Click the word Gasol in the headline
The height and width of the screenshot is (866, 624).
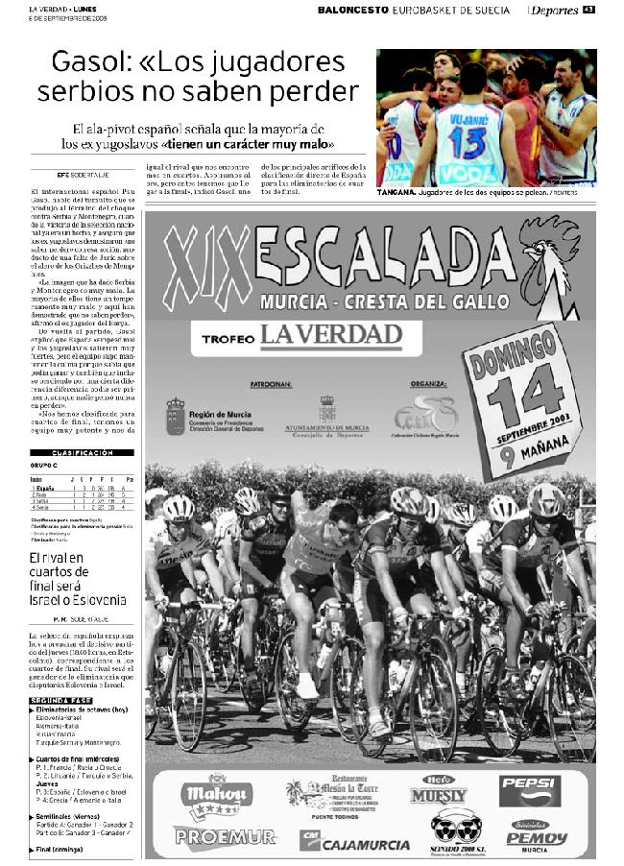[x=88, y=63]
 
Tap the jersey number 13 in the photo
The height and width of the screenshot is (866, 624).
[x=467, y=142]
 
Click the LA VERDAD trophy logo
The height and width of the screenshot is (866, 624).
[x=329, y=335]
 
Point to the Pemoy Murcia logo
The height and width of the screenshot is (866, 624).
[x=537, y=837]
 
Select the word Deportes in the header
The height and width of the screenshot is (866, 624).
[x=554, y=11]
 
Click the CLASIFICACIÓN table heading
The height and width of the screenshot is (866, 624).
[x=83, y=451]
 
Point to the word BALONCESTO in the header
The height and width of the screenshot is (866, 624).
[x=353, y=10]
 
